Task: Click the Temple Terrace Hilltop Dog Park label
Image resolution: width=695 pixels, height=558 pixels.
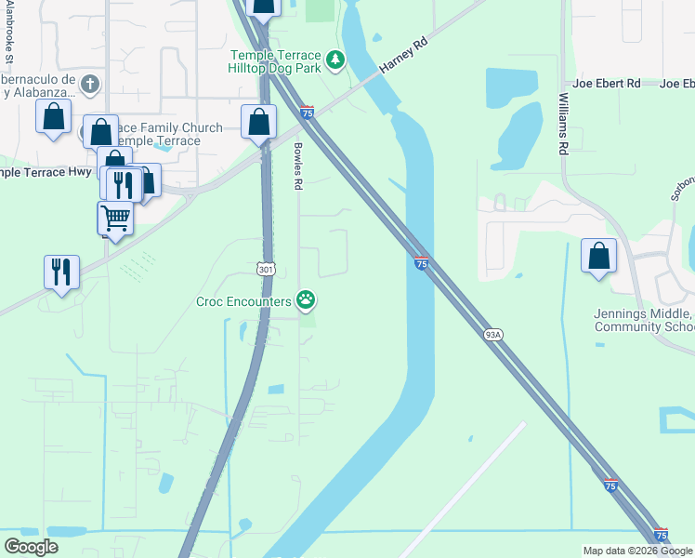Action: (275, 62)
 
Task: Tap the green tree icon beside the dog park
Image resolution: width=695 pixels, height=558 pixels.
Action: (334, 62)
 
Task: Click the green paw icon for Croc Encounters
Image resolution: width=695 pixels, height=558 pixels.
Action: (306, 299)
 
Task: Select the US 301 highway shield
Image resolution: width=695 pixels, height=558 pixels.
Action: (267, 269)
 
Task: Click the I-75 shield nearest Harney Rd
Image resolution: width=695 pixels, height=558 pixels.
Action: (307, 113)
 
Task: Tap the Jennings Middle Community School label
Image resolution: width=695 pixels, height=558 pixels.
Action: (644, 321)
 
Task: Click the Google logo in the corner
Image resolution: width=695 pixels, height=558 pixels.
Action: (31, 547)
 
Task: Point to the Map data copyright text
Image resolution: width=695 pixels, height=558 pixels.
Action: (637, 551)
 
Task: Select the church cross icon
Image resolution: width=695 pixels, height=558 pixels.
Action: (90, 85)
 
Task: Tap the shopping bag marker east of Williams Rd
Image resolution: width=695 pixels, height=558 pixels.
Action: (599, 256)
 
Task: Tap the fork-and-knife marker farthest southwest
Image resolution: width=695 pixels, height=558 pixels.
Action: (61, 272)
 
